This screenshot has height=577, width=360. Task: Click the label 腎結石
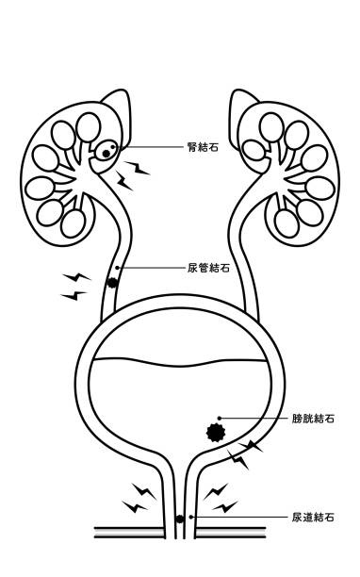point(203,147)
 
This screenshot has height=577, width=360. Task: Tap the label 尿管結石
point(208,268)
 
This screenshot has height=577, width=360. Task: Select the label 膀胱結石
point(313,419)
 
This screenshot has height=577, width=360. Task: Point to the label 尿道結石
point(313,517)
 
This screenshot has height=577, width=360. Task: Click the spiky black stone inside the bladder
point(216,433)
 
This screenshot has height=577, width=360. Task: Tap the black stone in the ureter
point(111,283)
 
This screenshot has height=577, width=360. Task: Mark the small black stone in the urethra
point(179,519)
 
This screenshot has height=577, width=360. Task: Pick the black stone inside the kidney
point(106,154)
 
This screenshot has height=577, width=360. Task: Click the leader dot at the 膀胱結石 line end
point(220,418)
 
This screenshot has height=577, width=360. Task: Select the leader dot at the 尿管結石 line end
point(117,268)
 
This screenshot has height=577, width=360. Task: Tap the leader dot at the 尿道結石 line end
point(191,517)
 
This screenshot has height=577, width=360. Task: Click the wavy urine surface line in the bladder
point(178,365)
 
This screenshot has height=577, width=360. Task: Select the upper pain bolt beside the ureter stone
point(77,277)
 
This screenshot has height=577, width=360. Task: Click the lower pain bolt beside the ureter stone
point(74,295)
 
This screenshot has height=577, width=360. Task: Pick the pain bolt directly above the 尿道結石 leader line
point(225,506)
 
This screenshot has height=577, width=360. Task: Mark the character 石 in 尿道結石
point(330,517)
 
